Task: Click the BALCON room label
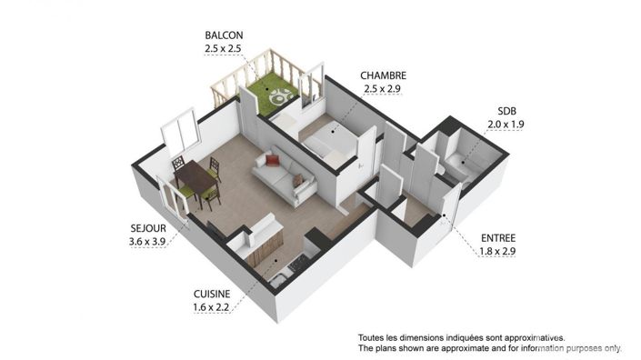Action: pos(223,36)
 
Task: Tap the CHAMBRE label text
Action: pos(382,75)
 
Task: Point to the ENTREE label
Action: pos(497,237)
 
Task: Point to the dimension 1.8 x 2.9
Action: pos(497,250)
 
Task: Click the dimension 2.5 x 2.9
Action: pos(382,88)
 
